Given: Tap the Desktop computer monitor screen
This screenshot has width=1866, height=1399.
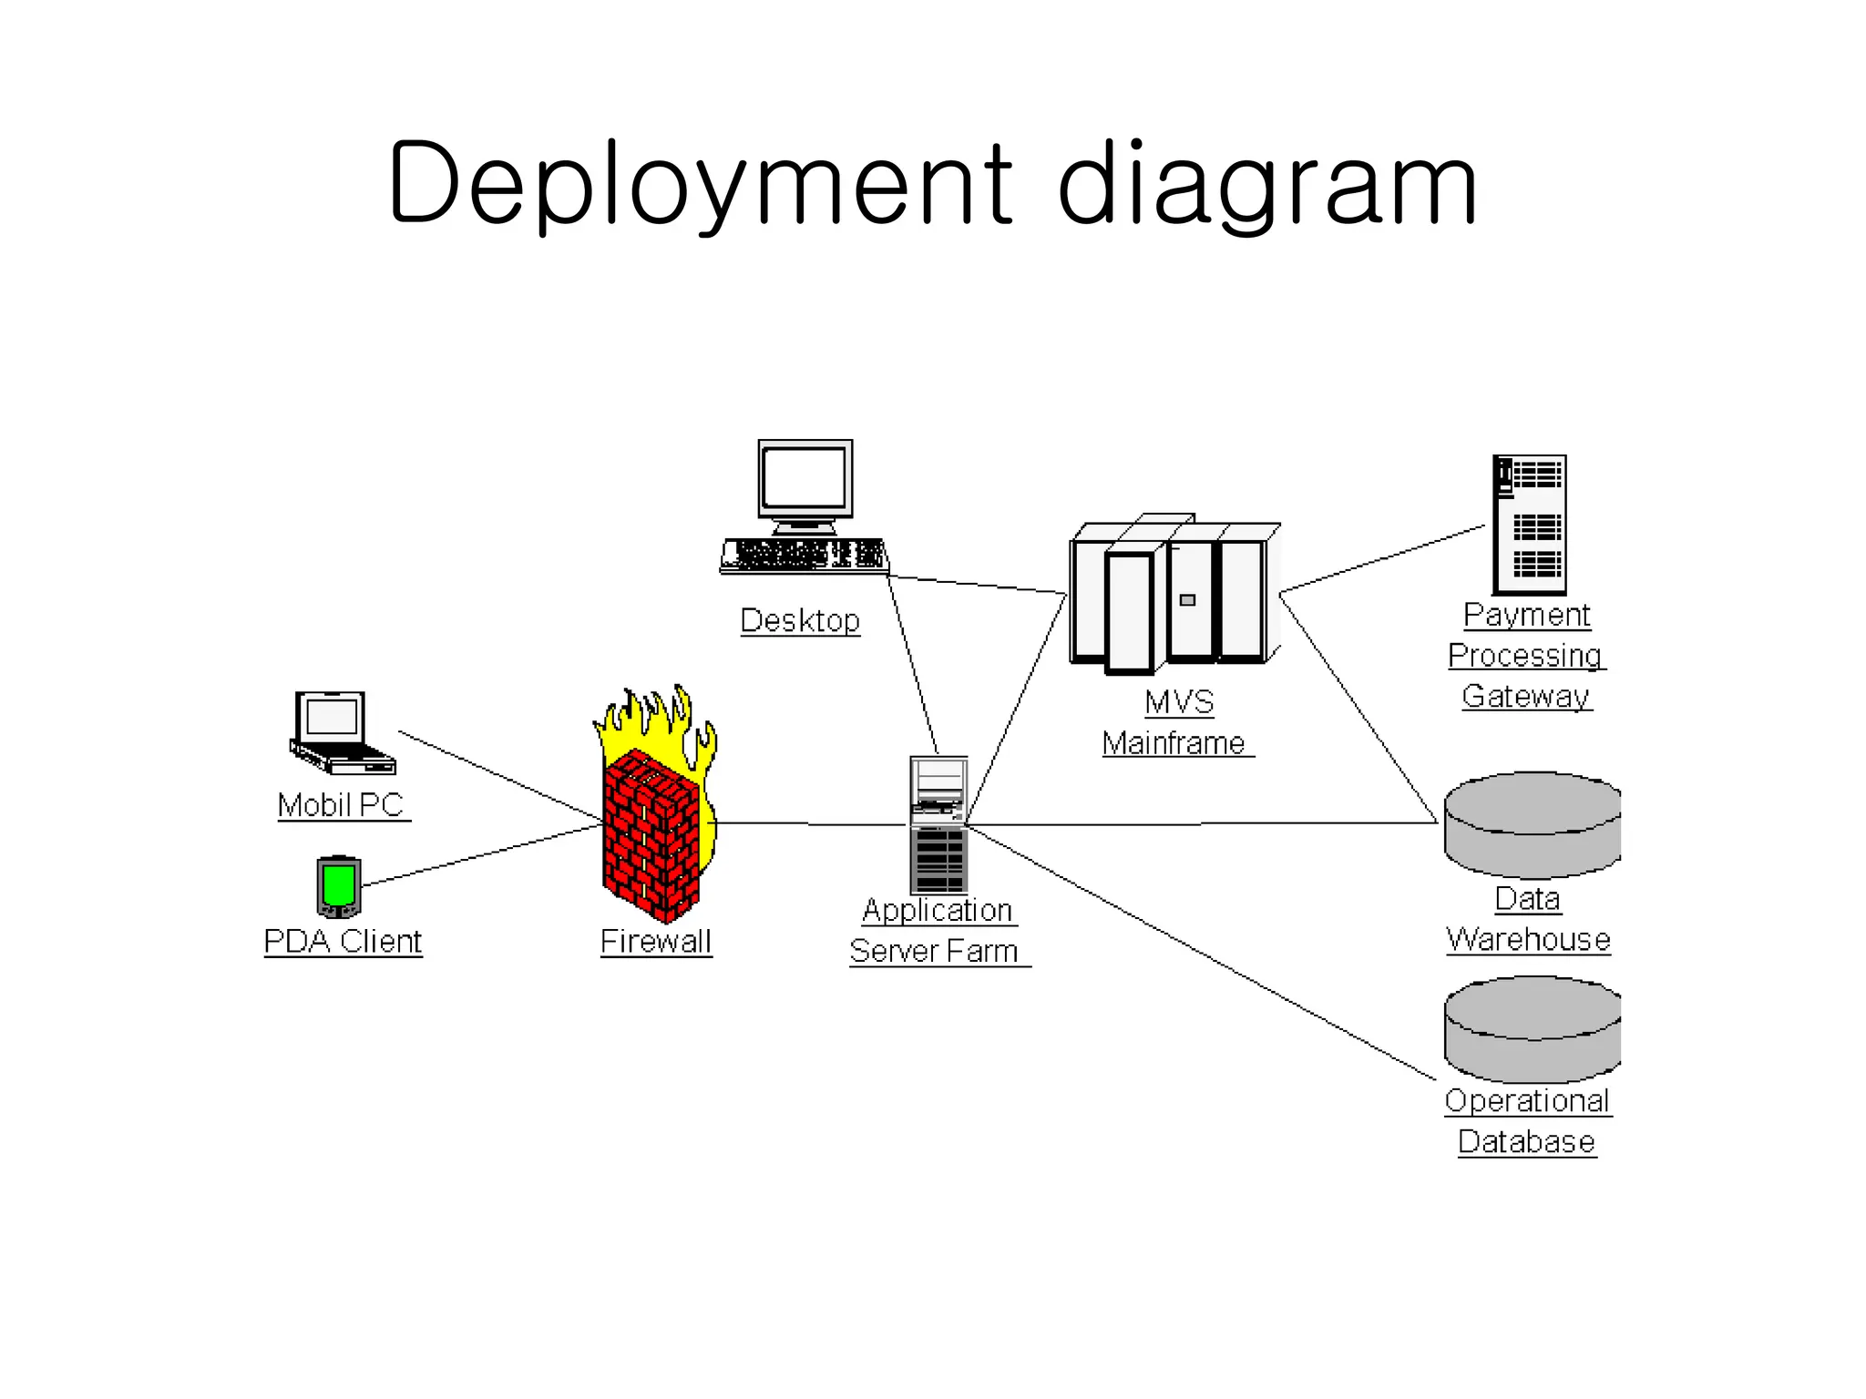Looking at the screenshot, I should click(805, 478).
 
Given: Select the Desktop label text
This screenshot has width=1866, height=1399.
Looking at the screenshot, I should click(800, 620).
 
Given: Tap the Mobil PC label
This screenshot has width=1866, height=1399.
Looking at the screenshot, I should click(341, 805).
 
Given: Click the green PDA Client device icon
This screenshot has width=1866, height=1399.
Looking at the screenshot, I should click(339, 886).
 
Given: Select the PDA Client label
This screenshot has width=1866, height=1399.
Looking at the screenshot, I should click(343, 941).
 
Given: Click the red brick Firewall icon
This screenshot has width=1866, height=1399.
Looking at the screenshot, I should click(652, 833).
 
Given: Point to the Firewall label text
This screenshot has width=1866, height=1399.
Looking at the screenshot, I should click(656, 941).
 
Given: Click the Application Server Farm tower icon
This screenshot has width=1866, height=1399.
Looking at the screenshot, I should click(938, 824).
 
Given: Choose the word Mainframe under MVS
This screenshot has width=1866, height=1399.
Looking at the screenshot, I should click(1174, 743).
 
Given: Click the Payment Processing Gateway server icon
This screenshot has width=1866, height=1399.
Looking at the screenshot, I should click(1529, 525).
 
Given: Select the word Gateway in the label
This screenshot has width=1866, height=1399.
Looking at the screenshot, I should click(1526, 696).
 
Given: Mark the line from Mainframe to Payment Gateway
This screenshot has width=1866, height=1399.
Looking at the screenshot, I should click(1383, 559).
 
